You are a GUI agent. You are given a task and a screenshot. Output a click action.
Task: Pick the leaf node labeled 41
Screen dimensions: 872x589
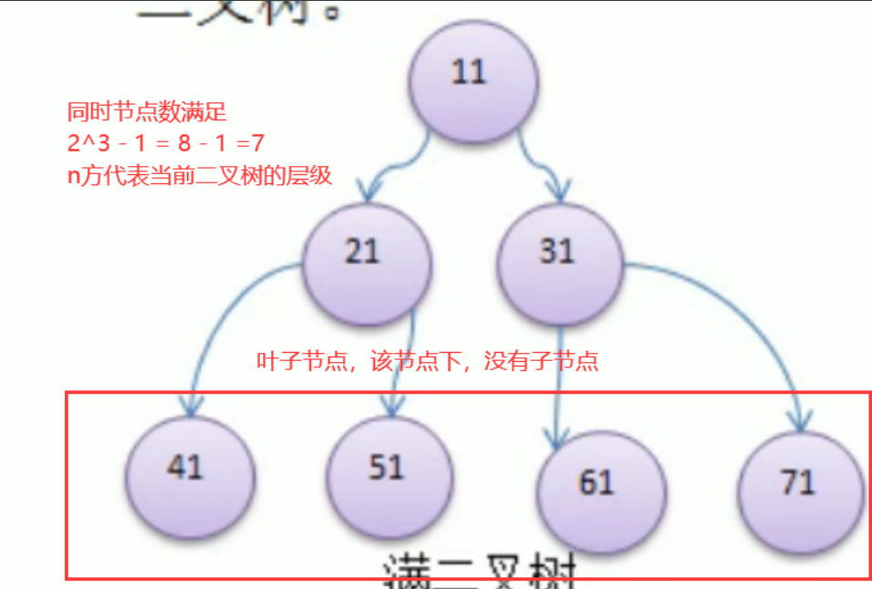[x=188, y=470]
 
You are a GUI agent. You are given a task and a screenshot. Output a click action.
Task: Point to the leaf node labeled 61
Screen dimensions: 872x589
[x=597, y=484]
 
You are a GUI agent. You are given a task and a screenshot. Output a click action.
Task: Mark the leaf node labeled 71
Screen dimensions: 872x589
[x=799, y=484]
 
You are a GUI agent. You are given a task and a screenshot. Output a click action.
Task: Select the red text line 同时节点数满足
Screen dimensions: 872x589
[x=147, y=112]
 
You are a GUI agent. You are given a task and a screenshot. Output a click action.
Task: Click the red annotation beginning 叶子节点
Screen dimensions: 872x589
[x=427, y=362]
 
